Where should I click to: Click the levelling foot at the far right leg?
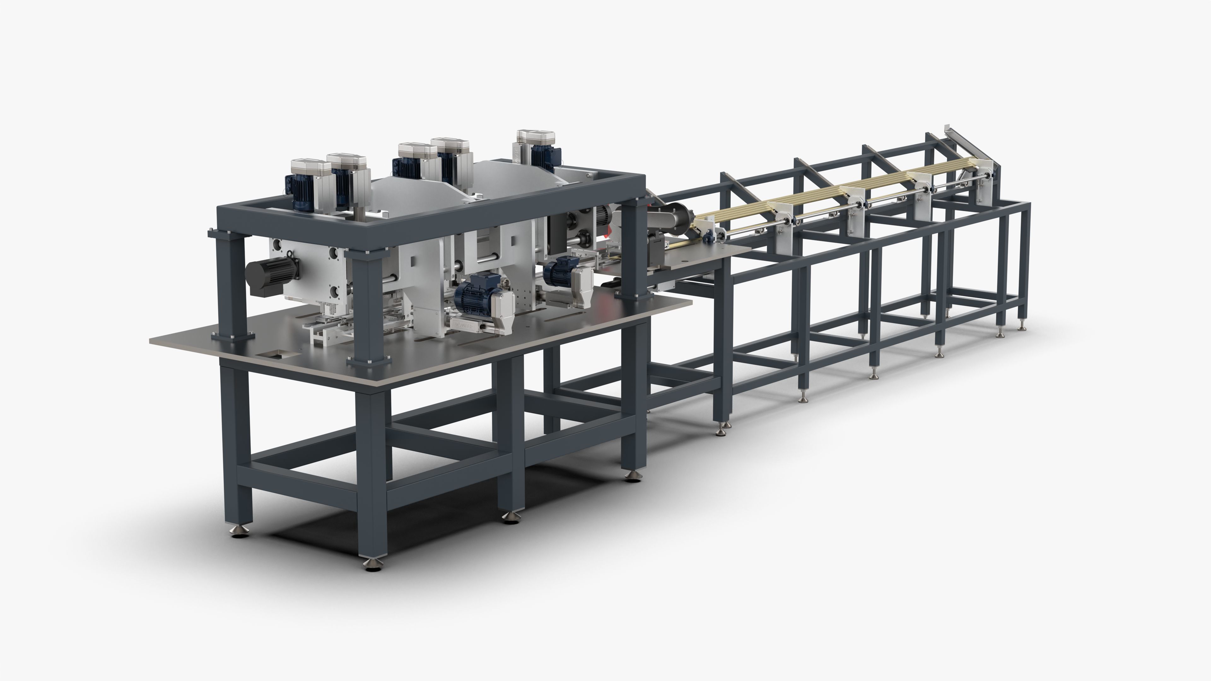[1021, 327]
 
